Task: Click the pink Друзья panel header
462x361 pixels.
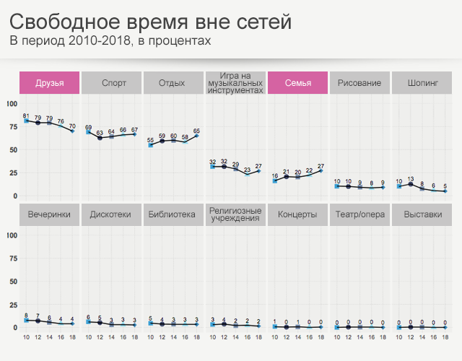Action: coord(49,83)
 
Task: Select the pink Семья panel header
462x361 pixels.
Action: coord(297,83)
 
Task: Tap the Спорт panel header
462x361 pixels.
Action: coord(111,83)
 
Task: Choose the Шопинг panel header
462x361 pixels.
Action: coord(422,83)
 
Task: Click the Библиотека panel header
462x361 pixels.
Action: coord(173,214)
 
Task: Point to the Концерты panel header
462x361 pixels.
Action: coord(297,214)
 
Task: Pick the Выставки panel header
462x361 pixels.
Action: coord(422,214)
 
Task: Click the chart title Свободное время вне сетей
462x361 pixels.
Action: coord(151,22)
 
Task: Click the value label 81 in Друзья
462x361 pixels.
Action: coord(26,116)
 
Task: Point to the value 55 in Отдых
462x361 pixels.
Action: coord(150,139)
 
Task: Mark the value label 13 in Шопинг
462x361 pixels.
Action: coord(410,178)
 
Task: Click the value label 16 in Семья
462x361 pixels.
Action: coord(274,175)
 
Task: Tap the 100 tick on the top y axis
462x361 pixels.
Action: coord(11,104)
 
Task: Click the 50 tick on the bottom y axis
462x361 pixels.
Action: coord(12,281)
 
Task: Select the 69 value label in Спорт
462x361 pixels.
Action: coord(88,127)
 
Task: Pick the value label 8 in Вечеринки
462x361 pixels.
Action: coord(26,316)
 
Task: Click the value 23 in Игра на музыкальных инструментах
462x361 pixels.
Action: coord(247,170)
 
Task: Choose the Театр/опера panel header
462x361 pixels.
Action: coord(359,214)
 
